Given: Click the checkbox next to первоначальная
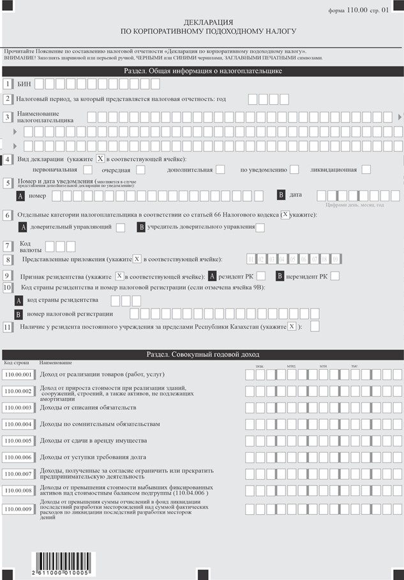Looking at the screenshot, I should tap(88, 170).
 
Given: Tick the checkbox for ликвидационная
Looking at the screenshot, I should tap(366, 170).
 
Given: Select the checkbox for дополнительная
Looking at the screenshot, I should tap(221, 170).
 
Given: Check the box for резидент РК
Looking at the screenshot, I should tap(264, 276).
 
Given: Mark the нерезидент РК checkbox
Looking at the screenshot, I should tap(335, 276).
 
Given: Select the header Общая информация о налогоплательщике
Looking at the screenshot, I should tap(203, 71).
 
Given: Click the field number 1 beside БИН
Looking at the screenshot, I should tap(8, 84).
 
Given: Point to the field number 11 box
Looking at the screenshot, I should tap(8, 326).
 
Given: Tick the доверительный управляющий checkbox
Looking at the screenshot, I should tap(121, 227).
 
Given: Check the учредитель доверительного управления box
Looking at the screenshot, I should tap(260, 227).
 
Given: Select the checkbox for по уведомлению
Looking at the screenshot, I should tap(294, 170).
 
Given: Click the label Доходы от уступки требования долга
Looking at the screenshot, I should tap(93, 457).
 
